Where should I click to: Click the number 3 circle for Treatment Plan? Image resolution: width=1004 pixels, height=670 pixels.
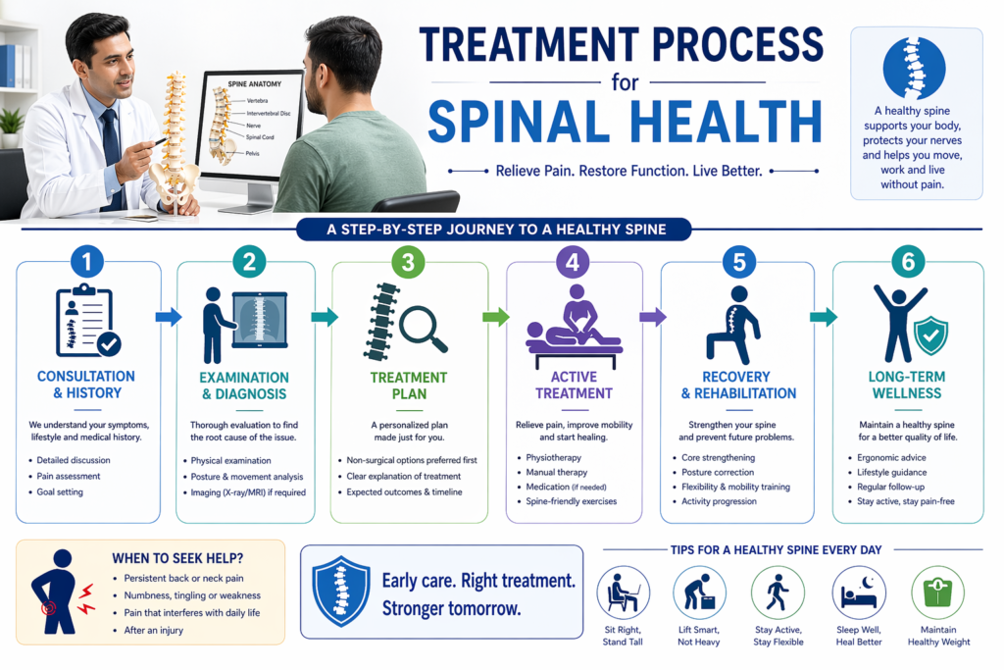[408, 262]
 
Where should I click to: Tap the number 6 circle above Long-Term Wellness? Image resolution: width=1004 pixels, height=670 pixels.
[908, 261]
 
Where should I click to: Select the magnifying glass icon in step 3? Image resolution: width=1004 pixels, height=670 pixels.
[423, 329]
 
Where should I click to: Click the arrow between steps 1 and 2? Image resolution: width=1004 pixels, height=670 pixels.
[169, 317]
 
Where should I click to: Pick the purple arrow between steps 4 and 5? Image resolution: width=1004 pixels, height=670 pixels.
[652, 317]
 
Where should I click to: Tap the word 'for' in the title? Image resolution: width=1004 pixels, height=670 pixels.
[625, 82]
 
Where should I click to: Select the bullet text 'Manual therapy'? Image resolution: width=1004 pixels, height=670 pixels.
[557, 472]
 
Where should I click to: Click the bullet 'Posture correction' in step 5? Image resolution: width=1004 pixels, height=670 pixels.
[718, 472]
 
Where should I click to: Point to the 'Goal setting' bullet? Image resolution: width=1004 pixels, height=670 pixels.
[60, 491]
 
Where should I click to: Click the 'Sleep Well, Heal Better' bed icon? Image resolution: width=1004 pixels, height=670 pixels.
[859, 593]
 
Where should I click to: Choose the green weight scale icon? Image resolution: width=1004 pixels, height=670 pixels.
[938, 593]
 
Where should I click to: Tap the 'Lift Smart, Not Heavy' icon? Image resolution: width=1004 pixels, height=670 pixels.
[699, 593]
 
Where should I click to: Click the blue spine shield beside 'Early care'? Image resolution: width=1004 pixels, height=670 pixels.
[340, 592]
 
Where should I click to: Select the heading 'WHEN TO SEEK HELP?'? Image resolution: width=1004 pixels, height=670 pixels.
[177, 558]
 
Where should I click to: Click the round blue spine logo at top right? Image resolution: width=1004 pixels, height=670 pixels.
[914, 69]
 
